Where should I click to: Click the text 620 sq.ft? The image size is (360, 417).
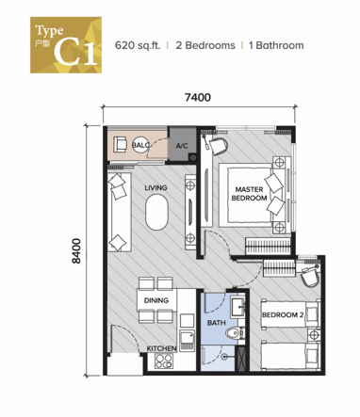(140, 45)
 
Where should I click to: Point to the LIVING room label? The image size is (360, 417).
(155, 188)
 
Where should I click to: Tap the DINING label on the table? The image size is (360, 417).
(155, 301)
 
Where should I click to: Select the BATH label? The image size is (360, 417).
(216, 324)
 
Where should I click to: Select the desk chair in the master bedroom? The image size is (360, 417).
(218, 145)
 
